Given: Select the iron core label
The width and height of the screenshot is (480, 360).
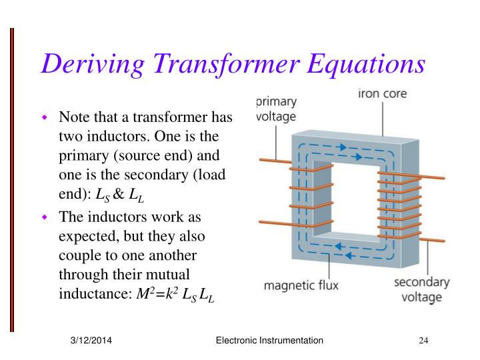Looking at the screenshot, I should [382, 94].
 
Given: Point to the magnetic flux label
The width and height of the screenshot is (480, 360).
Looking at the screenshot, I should [301, 285].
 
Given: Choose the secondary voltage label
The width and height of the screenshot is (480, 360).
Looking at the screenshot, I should [421, 289].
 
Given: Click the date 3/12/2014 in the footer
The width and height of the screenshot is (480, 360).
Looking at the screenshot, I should [91, 341].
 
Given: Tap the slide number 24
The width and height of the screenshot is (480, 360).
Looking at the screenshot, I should [423, 341].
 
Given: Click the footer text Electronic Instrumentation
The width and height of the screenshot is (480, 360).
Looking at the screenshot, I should [270, 341].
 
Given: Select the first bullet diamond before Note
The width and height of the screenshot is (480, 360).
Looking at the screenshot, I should [46, 119].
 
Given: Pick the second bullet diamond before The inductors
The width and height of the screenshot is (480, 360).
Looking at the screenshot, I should [46, 217].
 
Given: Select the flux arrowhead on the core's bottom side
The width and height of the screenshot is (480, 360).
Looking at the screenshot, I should [339, 246].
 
